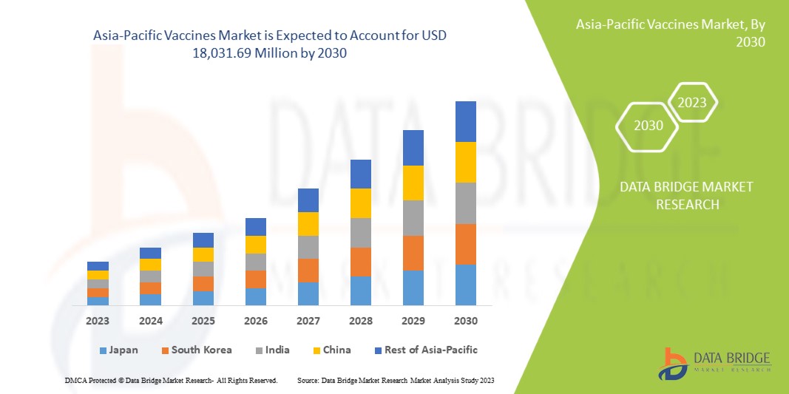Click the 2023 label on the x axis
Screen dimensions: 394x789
(98, 322)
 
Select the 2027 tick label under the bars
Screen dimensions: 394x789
(308, 322)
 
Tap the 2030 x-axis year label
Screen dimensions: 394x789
(466, 322)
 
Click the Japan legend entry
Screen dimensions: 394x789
(118, 350)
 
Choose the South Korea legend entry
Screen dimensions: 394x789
(196, 350)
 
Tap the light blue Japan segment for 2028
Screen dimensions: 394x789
(360, 291)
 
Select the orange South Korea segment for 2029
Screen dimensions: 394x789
(413, 253)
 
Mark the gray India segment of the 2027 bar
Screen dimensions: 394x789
(308, 247)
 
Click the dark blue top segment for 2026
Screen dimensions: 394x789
(256, 227)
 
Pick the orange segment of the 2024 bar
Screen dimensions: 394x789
(150, 288)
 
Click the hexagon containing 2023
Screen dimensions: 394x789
(692, 103)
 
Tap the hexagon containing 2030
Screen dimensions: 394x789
(649, 125)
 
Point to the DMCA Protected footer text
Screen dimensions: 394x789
(170, 380)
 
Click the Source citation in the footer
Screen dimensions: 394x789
(395, 380)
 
